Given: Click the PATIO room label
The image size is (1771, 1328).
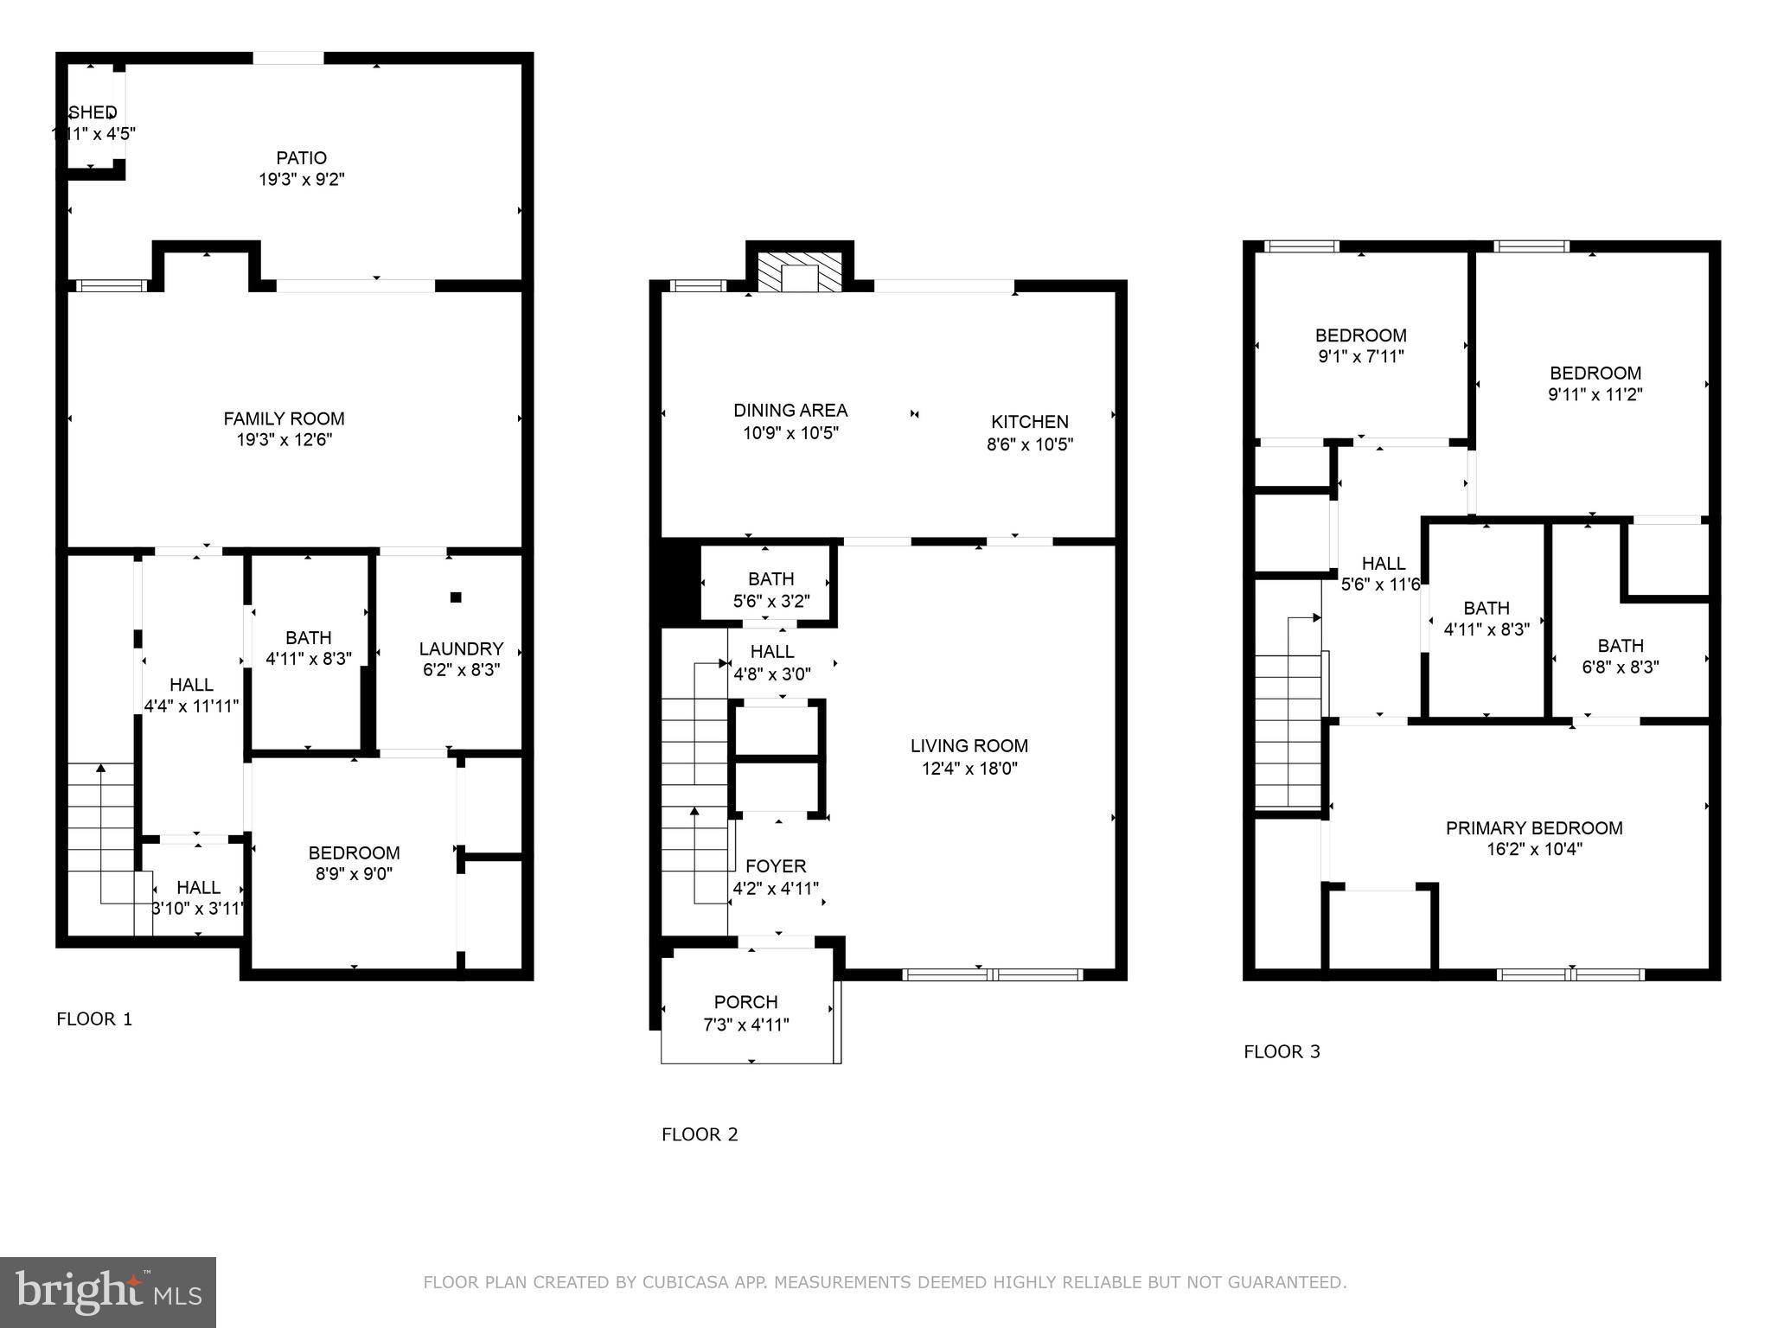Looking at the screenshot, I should (x=301, y=158).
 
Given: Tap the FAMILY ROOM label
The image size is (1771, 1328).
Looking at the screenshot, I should (x=284, y=419).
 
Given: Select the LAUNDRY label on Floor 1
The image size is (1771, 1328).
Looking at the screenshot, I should (x=461, y=649).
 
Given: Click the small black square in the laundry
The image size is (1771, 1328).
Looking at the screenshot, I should (x=456, y=597).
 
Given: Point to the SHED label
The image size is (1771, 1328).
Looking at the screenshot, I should (x=93, y=112).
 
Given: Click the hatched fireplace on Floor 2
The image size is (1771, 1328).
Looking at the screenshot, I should (x=799, y=272).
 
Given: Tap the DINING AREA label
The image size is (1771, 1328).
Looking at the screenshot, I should (x=790, y=411).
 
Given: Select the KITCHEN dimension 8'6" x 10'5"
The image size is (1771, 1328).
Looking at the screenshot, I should (x=1030, y=445).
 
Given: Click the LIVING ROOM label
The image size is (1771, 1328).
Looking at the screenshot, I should (x=969, y=746).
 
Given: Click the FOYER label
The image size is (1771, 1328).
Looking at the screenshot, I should (x=776, y=866).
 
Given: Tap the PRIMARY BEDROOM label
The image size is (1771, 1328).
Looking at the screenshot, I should (x=1534, y=828).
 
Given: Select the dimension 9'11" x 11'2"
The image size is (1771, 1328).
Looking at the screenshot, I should (x=1595, y=395).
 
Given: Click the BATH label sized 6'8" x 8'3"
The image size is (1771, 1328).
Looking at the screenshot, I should (x=1621, y=646).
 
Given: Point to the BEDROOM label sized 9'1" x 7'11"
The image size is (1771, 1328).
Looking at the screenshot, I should (x=1360, y=335).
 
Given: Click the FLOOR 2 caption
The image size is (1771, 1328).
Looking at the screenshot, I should (x=700, y=1134).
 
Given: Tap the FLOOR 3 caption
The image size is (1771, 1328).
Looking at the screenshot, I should (x=1282, y=1052).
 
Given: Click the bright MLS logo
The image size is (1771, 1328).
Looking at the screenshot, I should (x=108, y=1293).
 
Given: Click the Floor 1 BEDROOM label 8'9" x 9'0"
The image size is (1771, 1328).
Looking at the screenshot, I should (x=354, y=853).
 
